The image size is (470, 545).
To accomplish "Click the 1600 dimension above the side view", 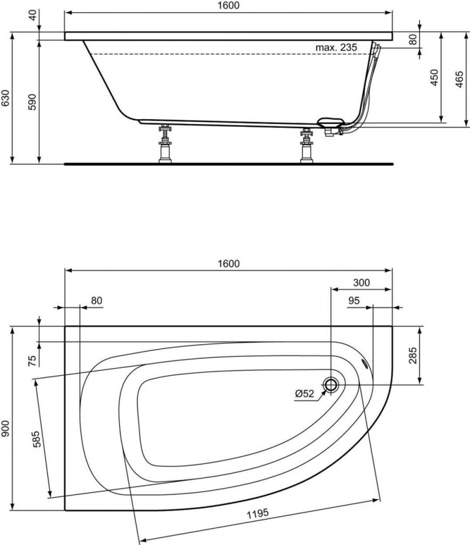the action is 228,6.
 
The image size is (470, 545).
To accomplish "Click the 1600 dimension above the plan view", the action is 228,264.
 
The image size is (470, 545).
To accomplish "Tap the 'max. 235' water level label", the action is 336,47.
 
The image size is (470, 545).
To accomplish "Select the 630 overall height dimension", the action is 5,98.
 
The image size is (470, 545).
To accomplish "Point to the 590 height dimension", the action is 32,102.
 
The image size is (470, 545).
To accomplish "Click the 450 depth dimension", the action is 434,78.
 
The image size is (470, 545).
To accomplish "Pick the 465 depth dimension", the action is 459,79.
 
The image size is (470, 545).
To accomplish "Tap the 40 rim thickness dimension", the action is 32,15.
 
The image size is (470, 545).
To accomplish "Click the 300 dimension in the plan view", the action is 361,283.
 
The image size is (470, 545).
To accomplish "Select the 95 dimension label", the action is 354,301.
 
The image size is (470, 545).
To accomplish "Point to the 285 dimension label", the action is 413,356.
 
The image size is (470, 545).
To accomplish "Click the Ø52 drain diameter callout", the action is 304,393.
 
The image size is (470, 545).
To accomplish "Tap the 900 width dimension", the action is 5,428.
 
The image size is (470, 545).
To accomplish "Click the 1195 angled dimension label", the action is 258,514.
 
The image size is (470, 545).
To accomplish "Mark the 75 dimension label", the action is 32,361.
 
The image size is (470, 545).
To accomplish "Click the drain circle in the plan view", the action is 331,384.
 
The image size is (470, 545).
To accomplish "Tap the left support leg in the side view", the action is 165,143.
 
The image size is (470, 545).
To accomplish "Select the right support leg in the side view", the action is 307,145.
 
